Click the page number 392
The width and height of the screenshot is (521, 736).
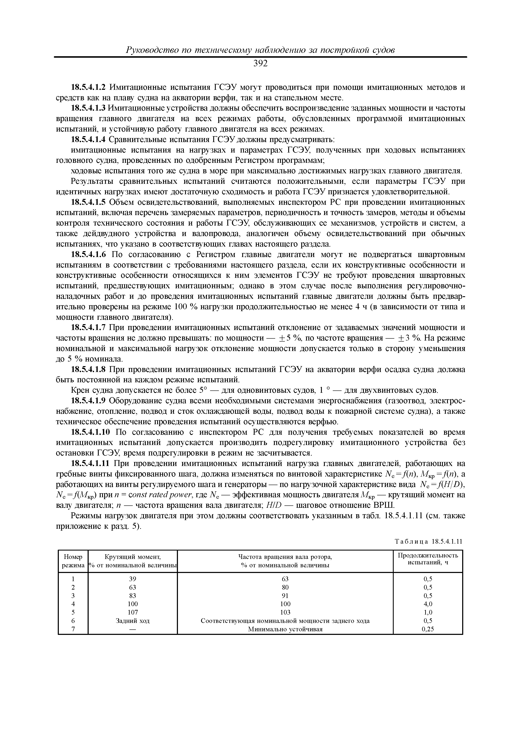pos(260,64)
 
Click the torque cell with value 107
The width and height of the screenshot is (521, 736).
pos(133,612)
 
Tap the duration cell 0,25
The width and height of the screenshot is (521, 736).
pos(428,629)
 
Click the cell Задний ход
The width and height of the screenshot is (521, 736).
pos(133,621)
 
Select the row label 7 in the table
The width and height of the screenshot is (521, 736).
pos(73,629)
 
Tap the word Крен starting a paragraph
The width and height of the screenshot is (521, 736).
pos(79,390)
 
